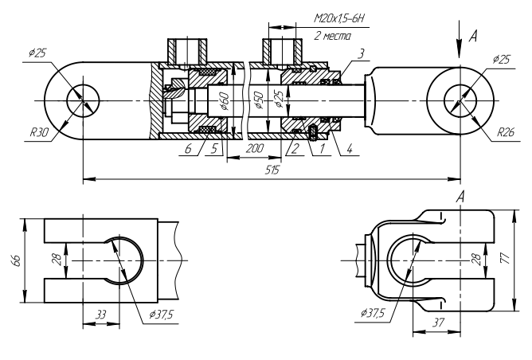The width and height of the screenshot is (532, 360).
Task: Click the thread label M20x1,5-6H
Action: (x=339, y=18)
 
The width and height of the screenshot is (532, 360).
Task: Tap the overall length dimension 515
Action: (x=272, y=170)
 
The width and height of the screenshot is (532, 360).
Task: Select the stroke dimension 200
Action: (x=254, y=148)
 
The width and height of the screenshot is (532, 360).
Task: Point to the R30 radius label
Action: (x=39, y=132)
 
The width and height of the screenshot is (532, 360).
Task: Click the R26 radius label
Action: (x=506, y=132)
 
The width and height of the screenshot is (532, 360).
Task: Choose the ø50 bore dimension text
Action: (x=260, y=100)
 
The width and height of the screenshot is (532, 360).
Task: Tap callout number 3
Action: (x=362, y=53)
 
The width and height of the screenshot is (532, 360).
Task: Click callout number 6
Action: (x=189, y=149)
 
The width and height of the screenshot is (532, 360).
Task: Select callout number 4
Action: (x=350, y=148)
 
